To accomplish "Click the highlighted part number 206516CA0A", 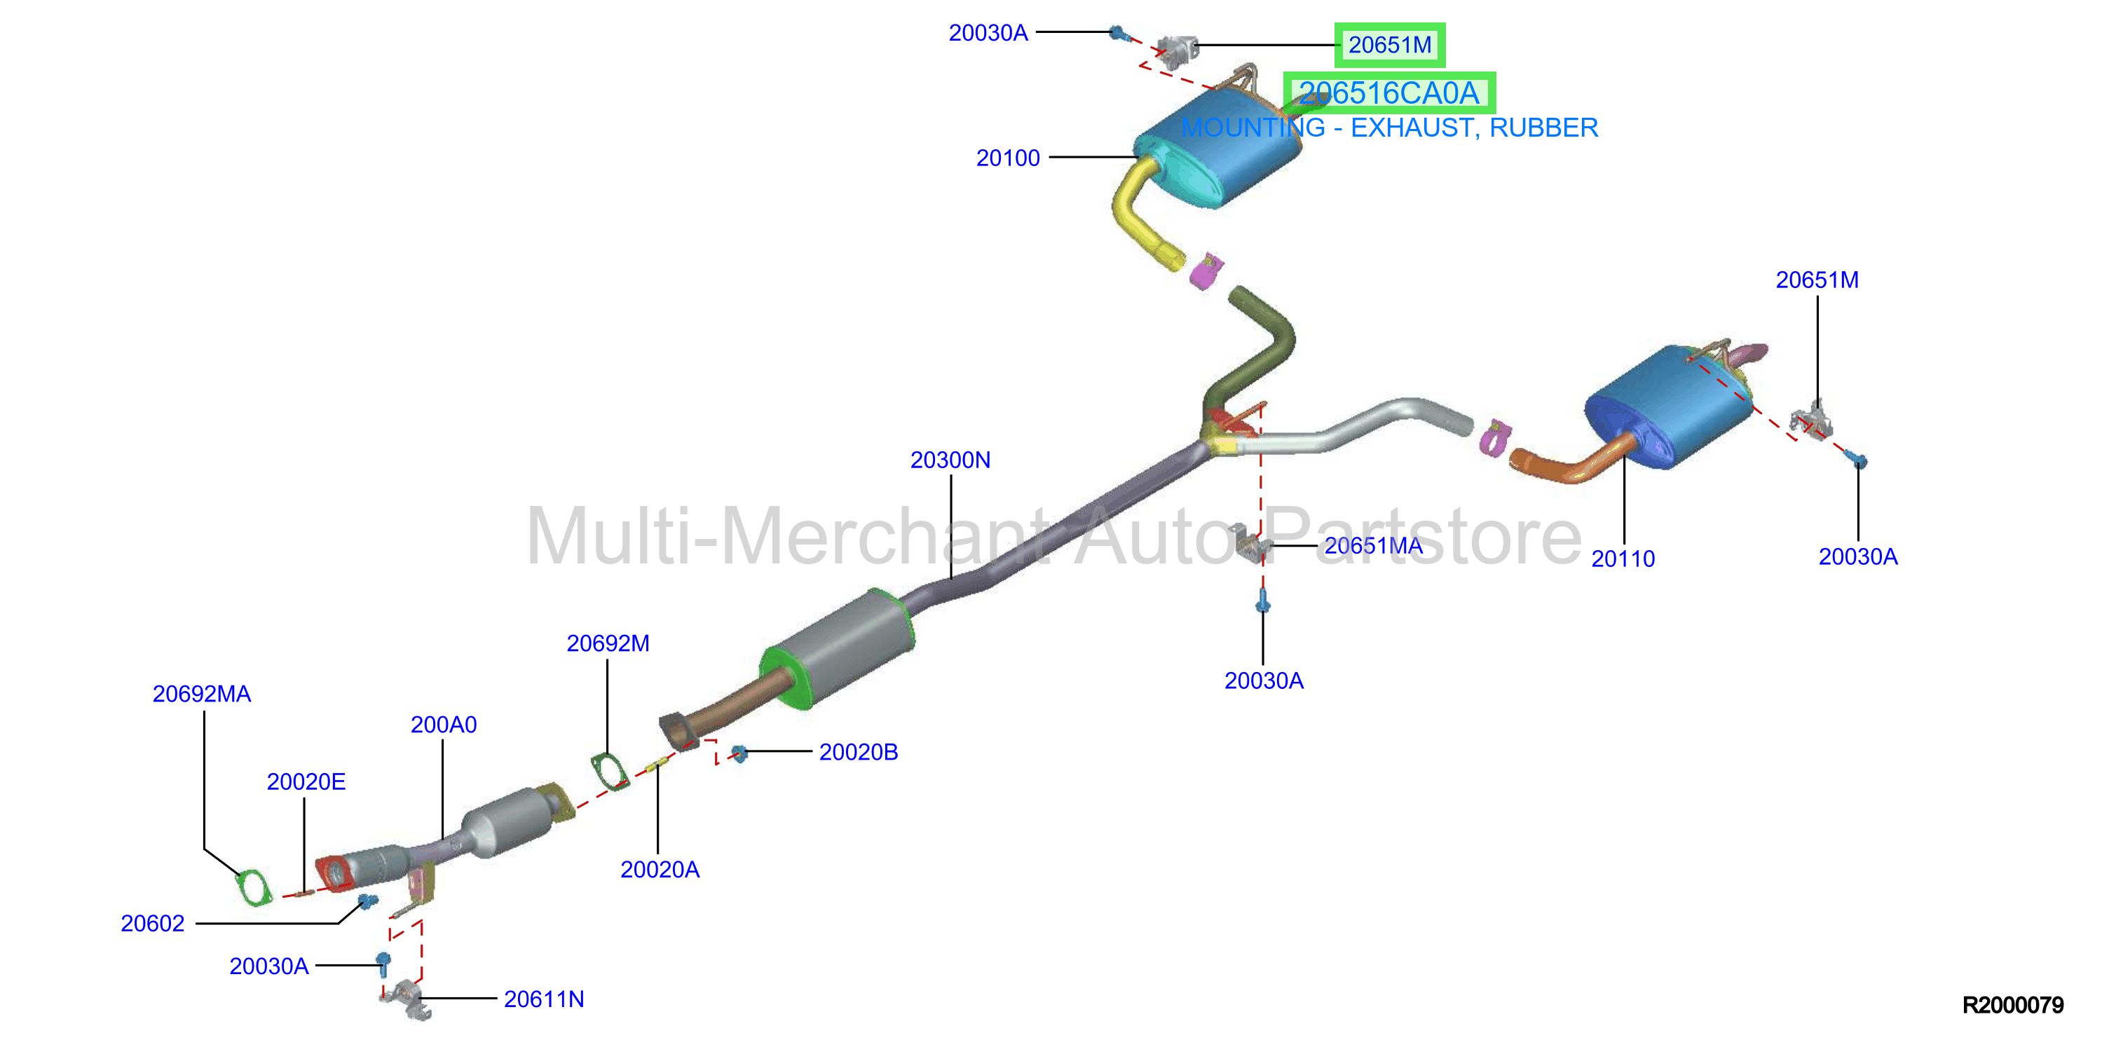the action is [1388, 93].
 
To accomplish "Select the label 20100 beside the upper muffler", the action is [1007, 158].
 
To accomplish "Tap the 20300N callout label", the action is [950, 460].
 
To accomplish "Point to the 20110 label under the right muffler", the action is [1623, 559].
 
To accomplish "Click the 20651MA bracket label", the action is [1373, 545].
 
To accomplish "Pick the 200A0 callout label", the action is [443, 725].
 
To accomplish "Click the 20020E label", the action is [306, 782].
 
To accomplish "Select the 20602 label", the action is [152, 924].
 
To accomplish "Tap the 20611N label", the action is [544, 999].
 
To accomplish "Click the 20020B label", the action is [858, 752].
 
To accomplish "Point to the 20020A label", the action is [660, 870].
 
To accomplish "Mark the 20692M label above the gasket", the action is [608, 643].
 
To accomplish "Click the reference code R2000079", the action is [2012, 1005].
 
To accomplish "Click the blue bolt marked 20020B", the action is [739, 753].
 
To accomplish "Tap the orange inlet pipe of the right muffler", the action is [1568, 463].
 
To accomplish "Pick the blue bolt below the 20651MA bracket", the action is [1262, 602].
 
